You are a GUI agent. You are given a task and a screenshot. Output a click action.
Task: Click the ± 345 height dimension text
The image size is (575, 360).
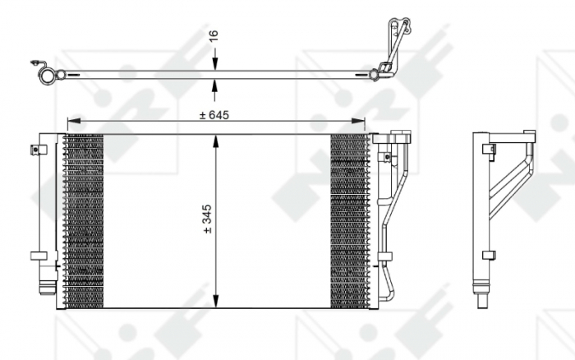pyautogui.click(x=207, y=219)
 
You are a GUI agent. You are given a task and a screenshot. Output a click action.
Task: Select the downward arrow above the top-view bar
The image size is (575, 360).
pyautogui.click(x=216, y=65)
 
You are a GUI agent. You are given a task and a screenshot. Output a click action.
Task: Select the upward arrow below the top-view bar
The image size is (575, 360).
pyautogui.click(x=216, y=85)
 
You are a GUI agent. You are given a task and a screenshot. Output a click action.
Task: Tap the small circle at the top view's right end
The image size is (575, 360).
pyautogui.click(x=374, y=76)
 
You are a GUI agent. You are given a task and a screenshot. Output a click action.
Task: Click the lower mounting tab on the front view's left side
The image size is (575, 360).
pyautogui.click(x=38, y=256)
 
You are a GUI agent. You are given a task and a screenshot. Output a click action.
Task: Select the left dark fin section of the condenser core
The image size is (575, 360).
pyautogui.click(x=84, y=220)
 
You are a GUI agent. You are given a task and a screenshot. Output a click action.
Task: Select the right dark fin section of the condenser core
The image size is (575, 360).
pyautogui.click(x=348, y=220)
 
